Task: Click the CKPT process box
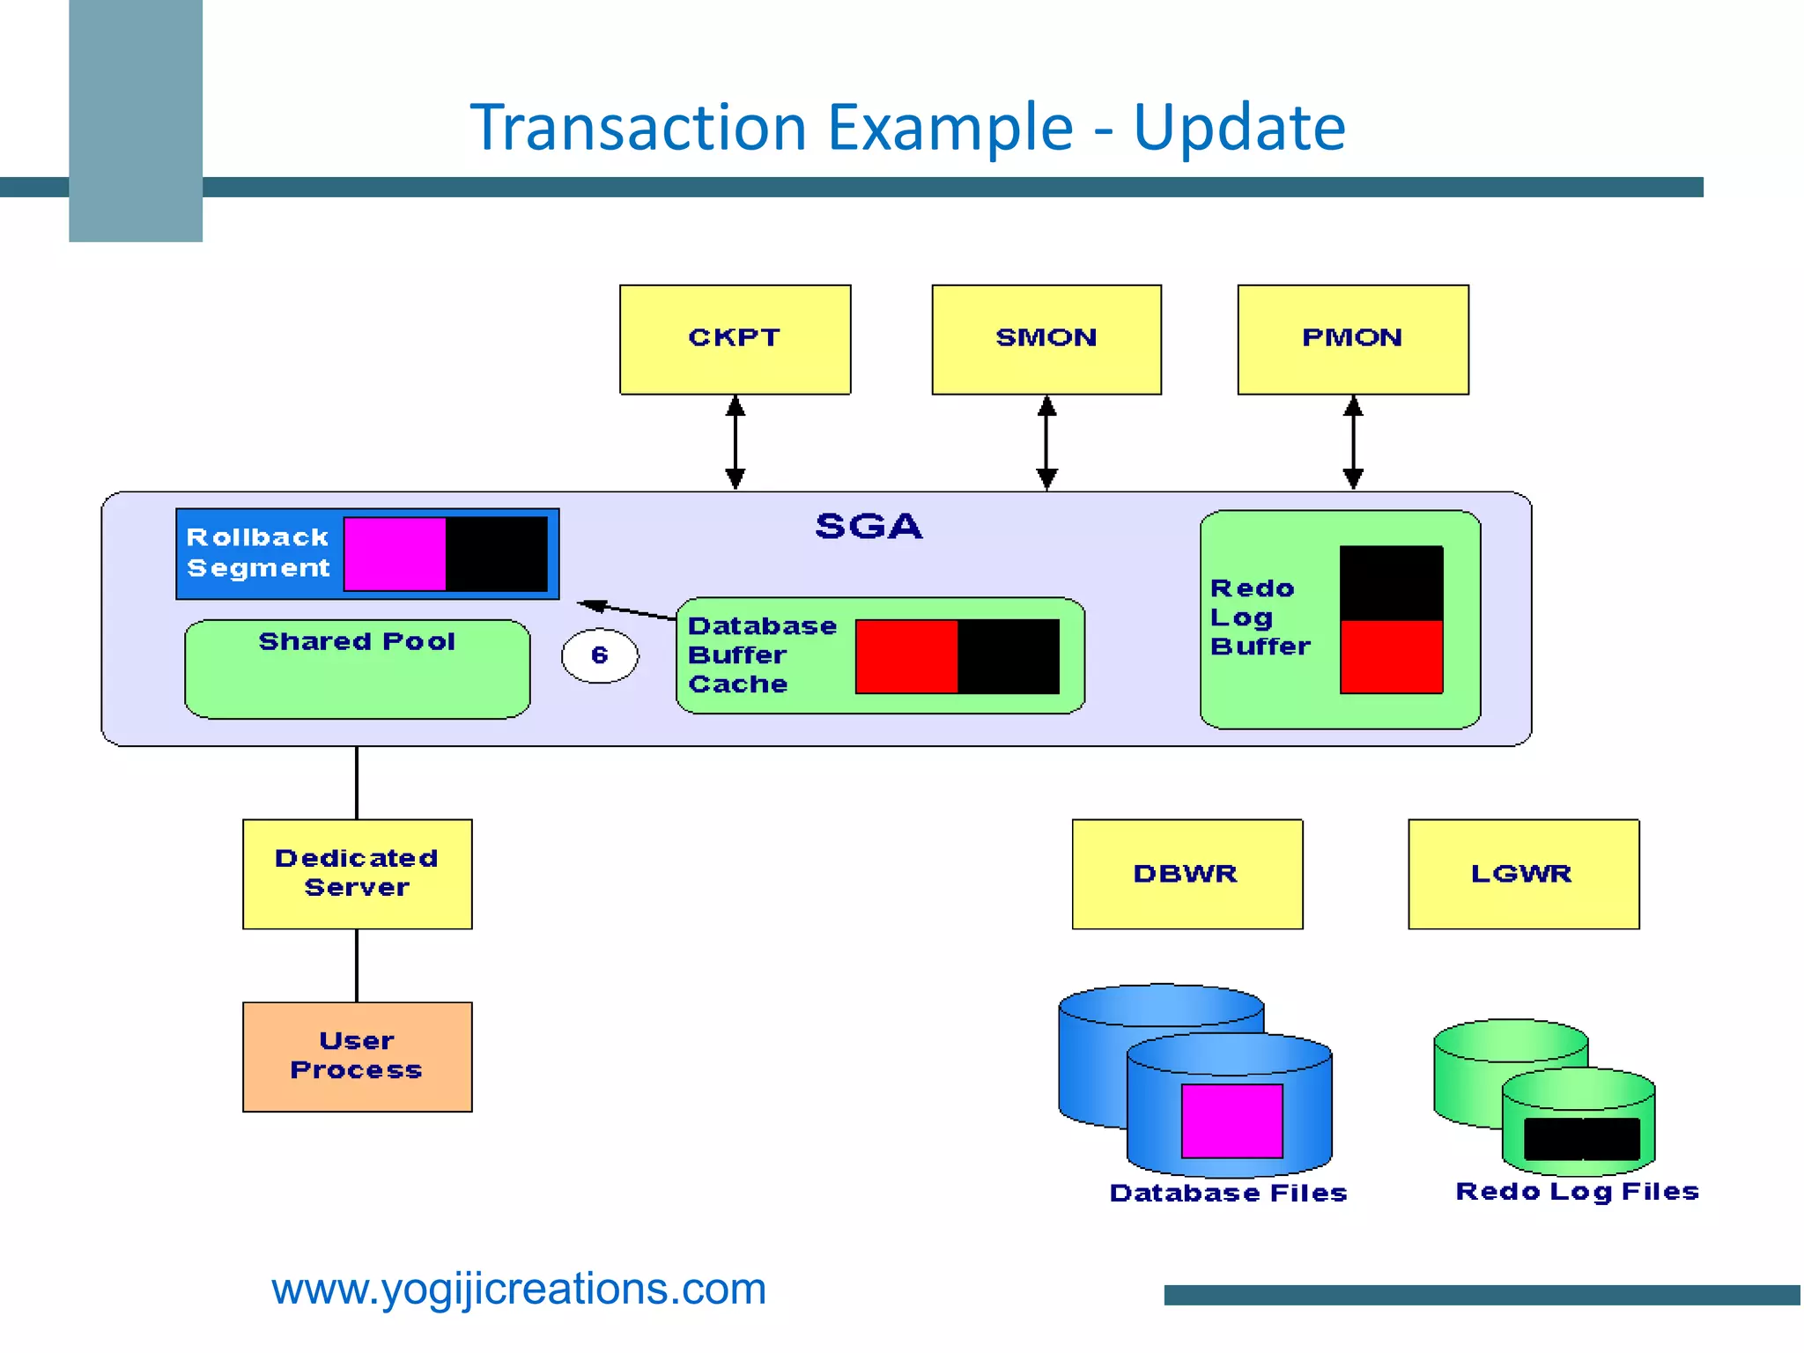[735, 339]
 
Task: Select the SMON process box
[1046, 339]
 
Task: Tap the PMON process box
[1352, 339]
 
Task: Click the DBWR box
[1187, 874]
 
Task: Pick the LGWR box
[1523, 874]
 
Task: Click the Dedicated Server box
[357, 874]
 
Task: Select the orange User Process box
[357, 1056]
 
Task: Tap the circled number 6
[600, 655]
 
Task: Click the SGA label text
[869, 527]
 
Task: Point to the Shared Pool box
[357, 669]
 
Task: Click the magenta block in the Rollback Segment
[395, 554]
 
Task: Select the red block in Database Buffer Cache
[906, 656]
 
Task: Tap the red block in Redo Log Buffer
[1391, 657]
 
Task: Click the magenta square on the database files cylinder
[1231, 1120]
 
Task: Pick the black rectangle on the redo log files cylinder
[1581, 1139]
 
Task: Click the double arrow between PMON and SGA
[1353, 442]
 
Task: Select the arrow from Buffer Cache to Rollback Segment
[627, 610]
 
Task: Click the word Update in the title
[1238, 128]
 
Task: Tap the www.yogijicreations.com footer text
[519, 1289]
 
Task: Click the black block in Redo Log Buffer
[1391, 583]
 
